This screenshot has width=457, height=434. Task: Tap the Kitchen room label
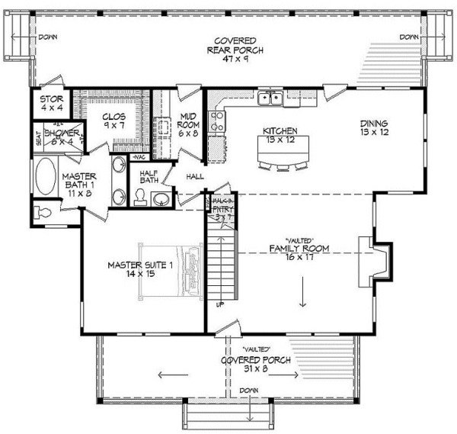pos(280,136)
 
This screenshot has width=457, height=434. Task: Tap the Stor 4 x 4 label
pos(51,103)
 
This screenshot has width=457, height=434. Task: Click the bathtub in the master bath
pos(46,177)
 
